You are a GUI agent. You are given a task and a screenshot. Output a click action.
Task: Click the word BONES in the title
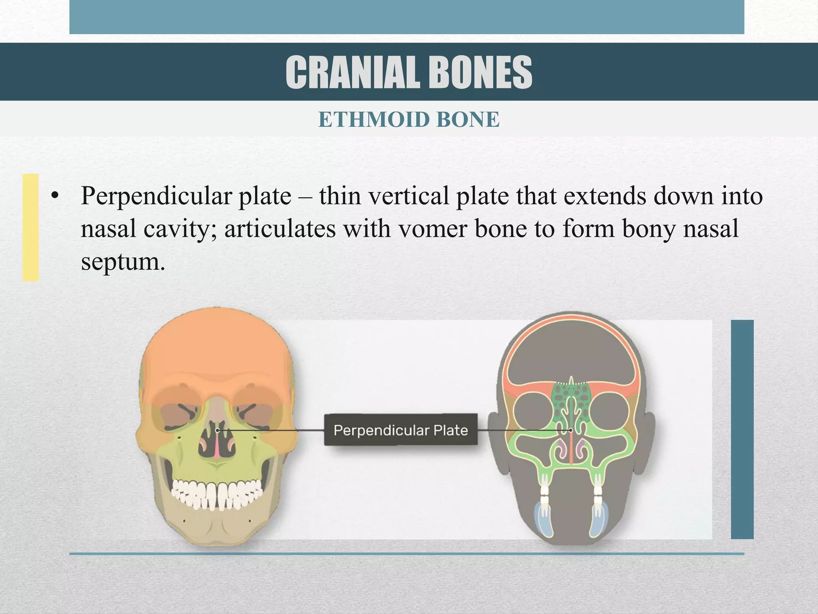(481, 73)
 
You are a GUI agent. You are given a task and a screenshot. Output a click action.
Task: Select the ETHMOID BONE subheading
(409, 120)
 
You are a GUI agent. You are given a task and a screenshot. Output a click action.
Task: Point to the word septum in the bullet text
(123, 262)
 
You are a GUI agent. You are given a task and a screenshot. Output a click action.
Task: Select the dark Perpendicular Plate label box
(401, 430)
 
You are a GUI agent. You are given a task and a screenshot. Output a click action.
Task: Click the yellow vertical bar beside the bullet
(30, 227)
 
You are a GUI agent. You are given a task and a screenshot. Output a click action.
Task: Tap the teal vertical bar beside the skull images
(742, 429)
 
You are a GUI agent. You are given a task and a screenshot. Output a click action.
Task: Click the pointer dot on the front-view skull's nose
(218, 431)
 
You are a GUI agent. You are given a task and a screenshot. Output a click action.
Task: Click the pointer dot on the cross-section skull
(571, 430)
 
